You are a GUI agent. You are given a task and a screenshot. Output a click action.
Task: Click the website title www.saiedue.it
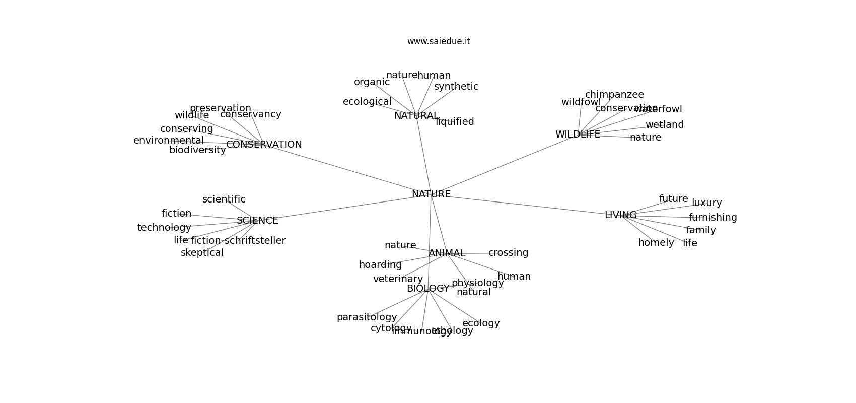439,41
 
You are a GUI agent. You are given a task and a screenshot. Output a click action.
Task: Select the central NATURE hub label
431,194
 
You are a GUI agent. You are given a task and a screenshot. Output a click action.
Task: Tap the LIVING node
620,215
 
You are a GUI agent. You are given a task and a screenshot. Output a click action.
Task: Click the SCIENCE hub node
257,221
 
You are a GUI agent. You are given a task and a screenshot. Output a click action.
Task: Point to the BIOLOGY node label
427,289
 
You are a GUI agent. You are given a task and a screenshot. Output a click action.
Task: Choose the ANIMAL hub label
447,253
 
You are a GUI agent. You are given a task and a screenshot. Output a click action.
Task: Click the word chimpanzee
614,95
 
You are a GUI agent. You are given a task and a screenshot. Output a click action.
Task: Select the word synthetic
456,87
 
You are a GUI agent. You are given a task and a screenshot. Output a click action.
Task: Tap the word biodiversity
197,150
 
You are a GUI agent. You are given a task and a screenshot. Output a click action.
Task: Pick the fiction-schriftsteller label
238,241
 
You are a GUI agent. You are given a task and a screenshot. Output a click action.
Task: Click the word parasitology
367,317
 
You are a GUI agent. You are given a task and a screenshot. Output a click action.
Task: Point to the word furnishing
712,218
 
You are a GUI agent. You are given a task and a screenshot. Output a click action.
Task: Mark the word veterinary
398,279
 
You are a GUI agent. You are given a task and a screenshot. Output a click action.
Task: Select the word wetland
664,125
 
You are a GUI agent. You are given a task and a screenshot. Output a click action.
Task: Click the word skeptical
202,253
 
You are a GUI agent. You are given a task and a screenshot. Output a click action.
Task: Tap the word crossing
508,253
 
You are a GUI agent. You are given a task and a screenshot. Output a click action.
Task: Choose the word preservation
220,108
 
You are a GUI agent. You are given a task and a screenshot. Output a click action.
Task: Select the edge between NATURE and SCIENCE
342,208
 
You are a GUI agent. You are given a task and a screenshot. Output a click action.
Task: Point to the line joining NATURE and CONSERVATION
347,169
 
